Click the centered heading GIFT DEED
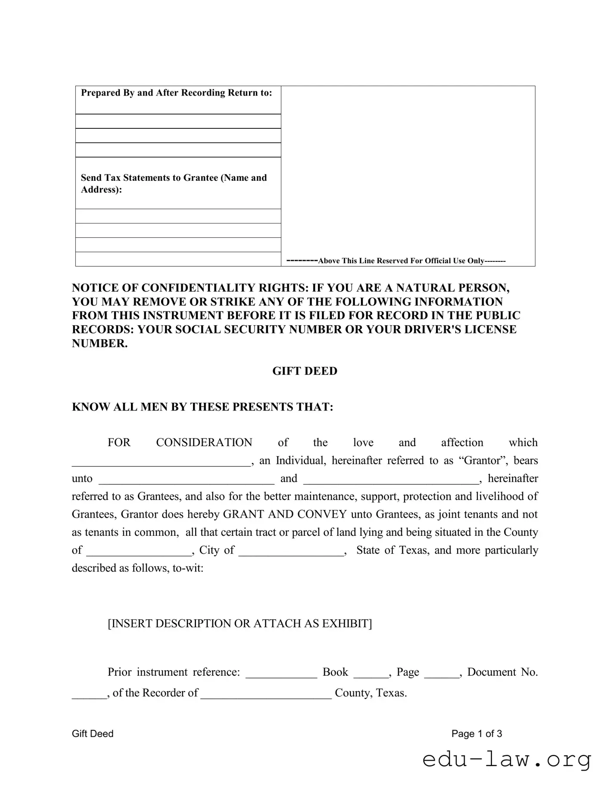click(305, 371)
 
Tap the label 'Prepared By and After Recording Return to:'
click(177, 93)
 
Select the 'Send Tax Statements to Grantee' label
click(174, 178)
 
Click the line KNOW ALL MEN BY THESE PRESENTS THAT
click(202, 407)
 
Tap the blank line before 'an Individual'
click(160, 462)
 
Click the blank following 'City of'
click(291, 551)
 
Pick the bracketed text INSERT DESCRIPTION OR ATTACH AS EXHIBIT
click(240, 624)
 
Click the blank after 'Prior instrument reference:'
click(281, 673)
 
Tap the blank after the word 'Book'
click(370, 673)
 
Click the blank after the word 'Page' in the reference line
click(442, 673)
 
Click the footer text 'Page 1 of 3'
click(476, 734)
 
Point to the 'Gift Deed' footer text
click(93, 734)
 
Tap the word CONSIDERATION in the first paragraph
click(204, 443)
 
